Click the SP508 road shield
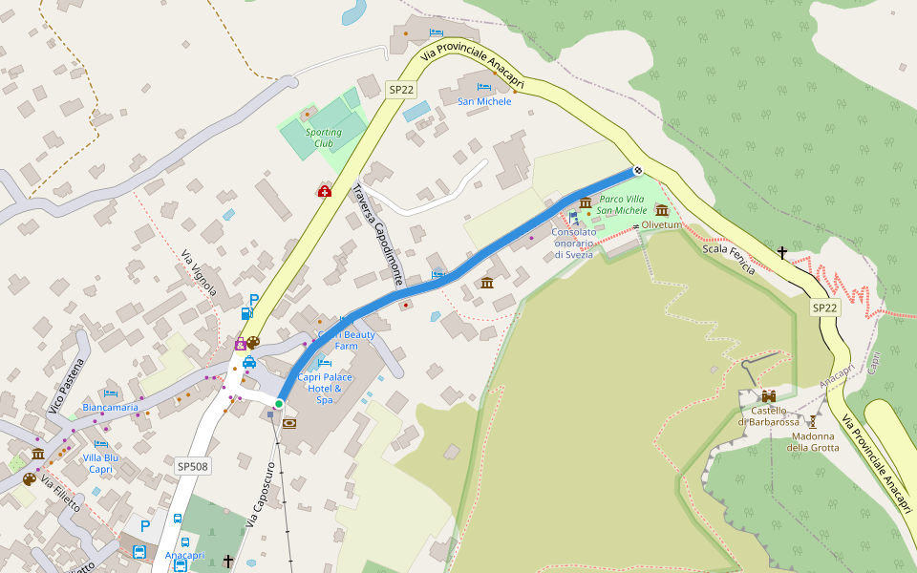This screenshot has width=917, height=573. click(193, 466)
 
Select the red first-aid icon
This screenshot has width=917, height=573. click(324, 192)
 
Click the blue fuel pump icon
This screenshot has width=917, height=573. click(247, 312)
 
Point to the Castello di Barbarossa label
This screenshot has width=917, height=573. click(768, 416)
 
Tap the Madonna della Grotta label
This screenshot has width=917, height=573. click(813, 442)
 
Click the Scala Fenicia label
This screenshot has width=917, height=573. click(729, 259)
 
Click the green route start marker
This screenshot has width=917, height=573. click(278, 405)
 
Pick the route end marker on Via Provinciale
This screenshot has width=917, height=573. click(637, 170)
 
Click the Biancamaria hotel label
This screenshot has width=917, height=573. click(111, 407)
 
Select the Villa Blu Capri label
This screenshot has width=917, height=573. click(101, 463)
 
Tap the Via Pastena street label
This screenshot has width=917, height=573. click(67, 388)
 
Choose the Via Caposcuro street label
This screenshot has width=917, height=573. click(260, 495)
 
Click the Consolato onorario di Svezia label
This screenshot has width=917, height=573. click(574, 243)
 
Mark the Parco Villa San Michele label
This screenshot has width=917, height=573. click(622, 204)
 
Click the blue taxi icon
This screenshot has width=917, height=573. click(248, 362)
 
